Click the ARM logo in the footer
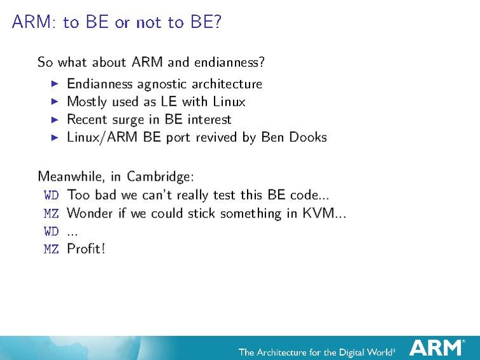(x=436, y=347)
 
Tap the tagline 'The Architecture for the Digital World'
(x=316, y=352)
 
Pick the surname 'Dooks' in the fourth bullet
(x=304, y=137)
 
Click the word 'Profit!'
(x=86, y=249)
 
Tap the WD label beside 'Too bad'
(x=51, y=195)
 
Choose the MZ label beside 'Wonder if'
(x=51, y=213)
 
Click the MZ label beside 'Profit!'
(x=51, y=249)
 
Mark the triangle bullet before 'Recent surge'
(x=54, y=120)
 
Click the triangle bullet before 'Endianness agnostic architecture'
(x=54, y=84)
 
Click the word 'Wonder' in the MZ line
(x=89, y=213)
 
